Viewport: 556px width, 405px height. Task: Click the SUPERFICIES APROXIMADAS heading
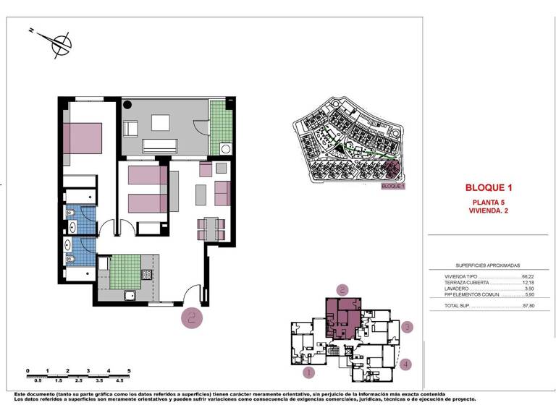(x=488, y=265)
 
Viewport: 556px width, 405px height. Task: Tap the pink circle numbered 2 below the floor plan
(x=191, y=317)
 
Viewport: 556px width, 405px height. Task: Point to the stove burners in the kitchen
(x=146, y=276)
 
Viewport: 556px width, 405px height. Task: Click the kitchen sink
(x=130, y=295)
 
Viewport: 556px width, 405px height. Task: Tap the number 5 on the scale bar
(x=128, y=370)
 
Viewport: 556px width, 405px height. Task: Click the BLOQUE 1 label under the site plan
(x=393, y=186)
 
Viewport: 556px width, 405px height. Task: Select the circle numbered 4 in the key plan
(x=406, y=364)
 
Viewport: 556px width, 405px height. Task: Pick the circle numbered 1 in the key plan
(x=308, y=373)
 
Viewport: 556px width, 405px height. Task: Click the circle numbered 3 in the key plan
(x=408, y=327)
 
